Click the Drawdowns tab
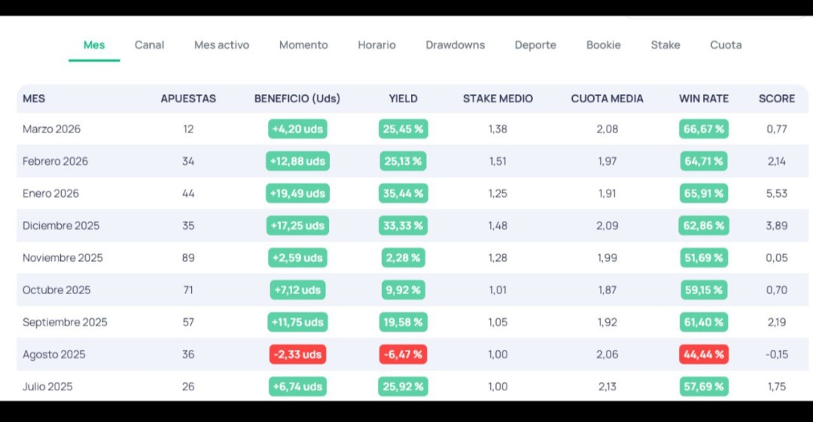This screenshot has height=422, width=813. point(455,45)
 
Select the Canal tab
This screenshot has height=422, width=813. point(149,45)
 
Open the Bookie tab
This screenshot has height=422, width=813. point(604,45)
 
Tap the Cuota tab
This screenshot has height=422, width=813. point(726,45)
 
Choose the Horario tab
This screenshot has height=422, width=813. point(376,45)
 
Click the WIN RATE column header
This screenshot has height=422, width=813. point(704,99)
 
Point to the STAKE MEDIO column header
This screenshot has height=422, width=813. point(498,99)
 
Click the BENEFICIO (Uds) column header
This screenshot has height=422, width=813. point(297,99)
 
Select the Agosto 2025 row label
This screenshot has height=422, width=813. point(54,354)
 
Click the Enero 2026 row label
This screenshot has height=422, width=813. point(51,193)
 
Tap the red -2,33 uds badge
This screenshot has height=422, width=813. point(297,354)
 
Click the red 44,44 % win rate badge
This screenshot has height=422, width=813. point(704,354)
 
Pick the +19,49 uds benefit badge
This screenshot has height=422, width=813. point(297,193)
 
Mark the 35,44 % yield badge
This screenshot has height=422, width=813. point(403,193)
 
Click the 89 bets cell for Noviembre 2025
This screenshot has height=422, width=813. point(188,258)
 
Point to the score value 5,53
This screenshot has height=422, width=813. point(777,193)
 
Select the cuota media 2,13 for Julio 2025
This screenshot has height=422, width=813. point(607,387)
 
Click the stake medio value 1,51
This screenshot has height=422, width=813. point(498,161)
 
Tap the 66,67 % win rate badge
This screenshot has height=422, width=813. point(704,129)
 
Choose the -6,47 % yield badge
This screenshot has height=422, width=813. point(403,354)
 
